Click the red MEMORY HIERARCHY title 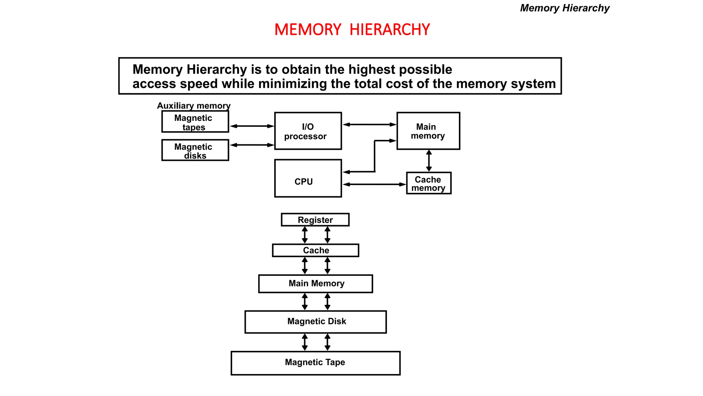(352, 30)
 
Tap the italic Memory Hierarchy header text (565, 8)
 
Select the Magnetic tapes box (195, 122)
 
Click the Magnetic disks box (195, 150)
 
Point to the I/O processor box (308, 131)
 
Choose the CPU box (308, 178)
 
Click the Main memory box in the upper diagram (428, 131)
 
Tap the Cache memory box (428, 183)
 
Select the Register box (315, 220)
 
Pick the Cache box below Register (315, 250)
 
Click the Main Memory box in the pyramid (315, 284)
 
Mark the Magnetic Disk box (315, 322)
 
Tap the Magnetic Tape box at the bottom (315, 363)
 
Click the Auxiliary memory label (194, 106)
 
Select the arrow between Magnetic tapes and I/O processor (252, 126)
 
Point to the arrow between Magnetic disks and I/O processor (252, 145)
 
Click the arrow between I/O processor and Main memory (369, 124)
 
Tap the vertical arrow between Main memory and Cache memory (429, 161)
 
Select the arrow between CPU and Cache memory (374, 185)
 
